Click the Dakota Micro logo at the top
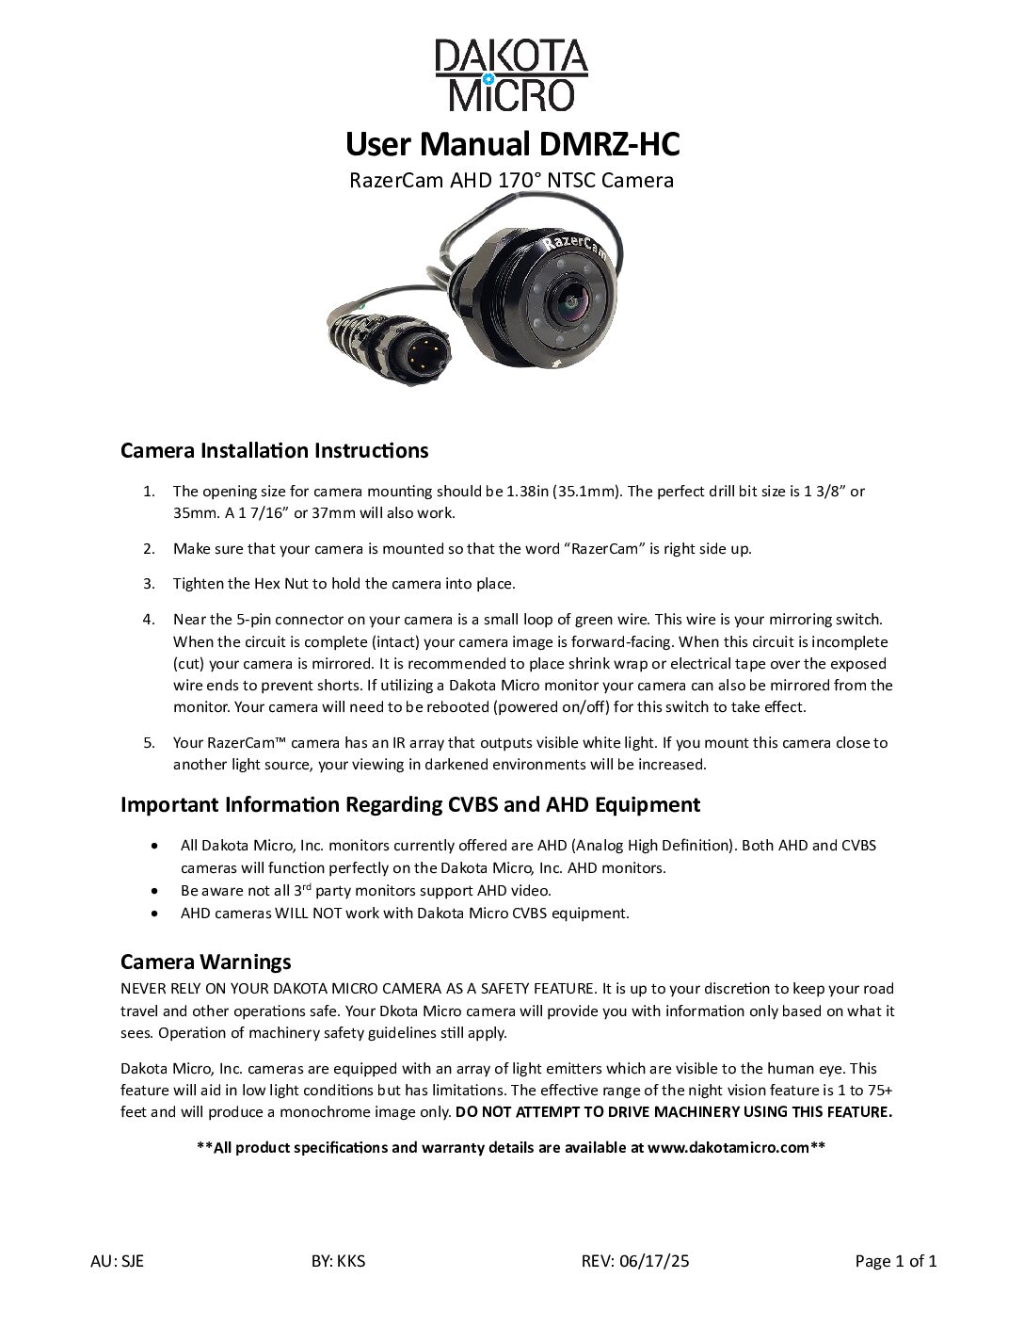pos(511,75)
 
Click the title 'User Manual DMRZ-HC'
pos(511,144)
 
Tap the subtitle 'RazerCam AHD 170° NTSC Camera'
pos(511,180)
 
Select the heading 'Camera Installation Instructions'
pos(274,450)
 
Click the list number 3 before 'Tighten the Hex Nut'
pos(149,584)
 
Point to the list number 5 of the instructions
pos(149,743)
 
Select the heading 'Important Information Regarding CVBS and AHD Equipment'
pos(410,805)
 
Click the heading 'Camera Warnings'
pos(205,962)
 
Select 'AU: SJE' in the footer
pos(111,1262)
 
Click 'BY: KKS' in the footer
pos(337,1262)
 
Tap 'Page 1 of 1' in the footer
pos(895,1262)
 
